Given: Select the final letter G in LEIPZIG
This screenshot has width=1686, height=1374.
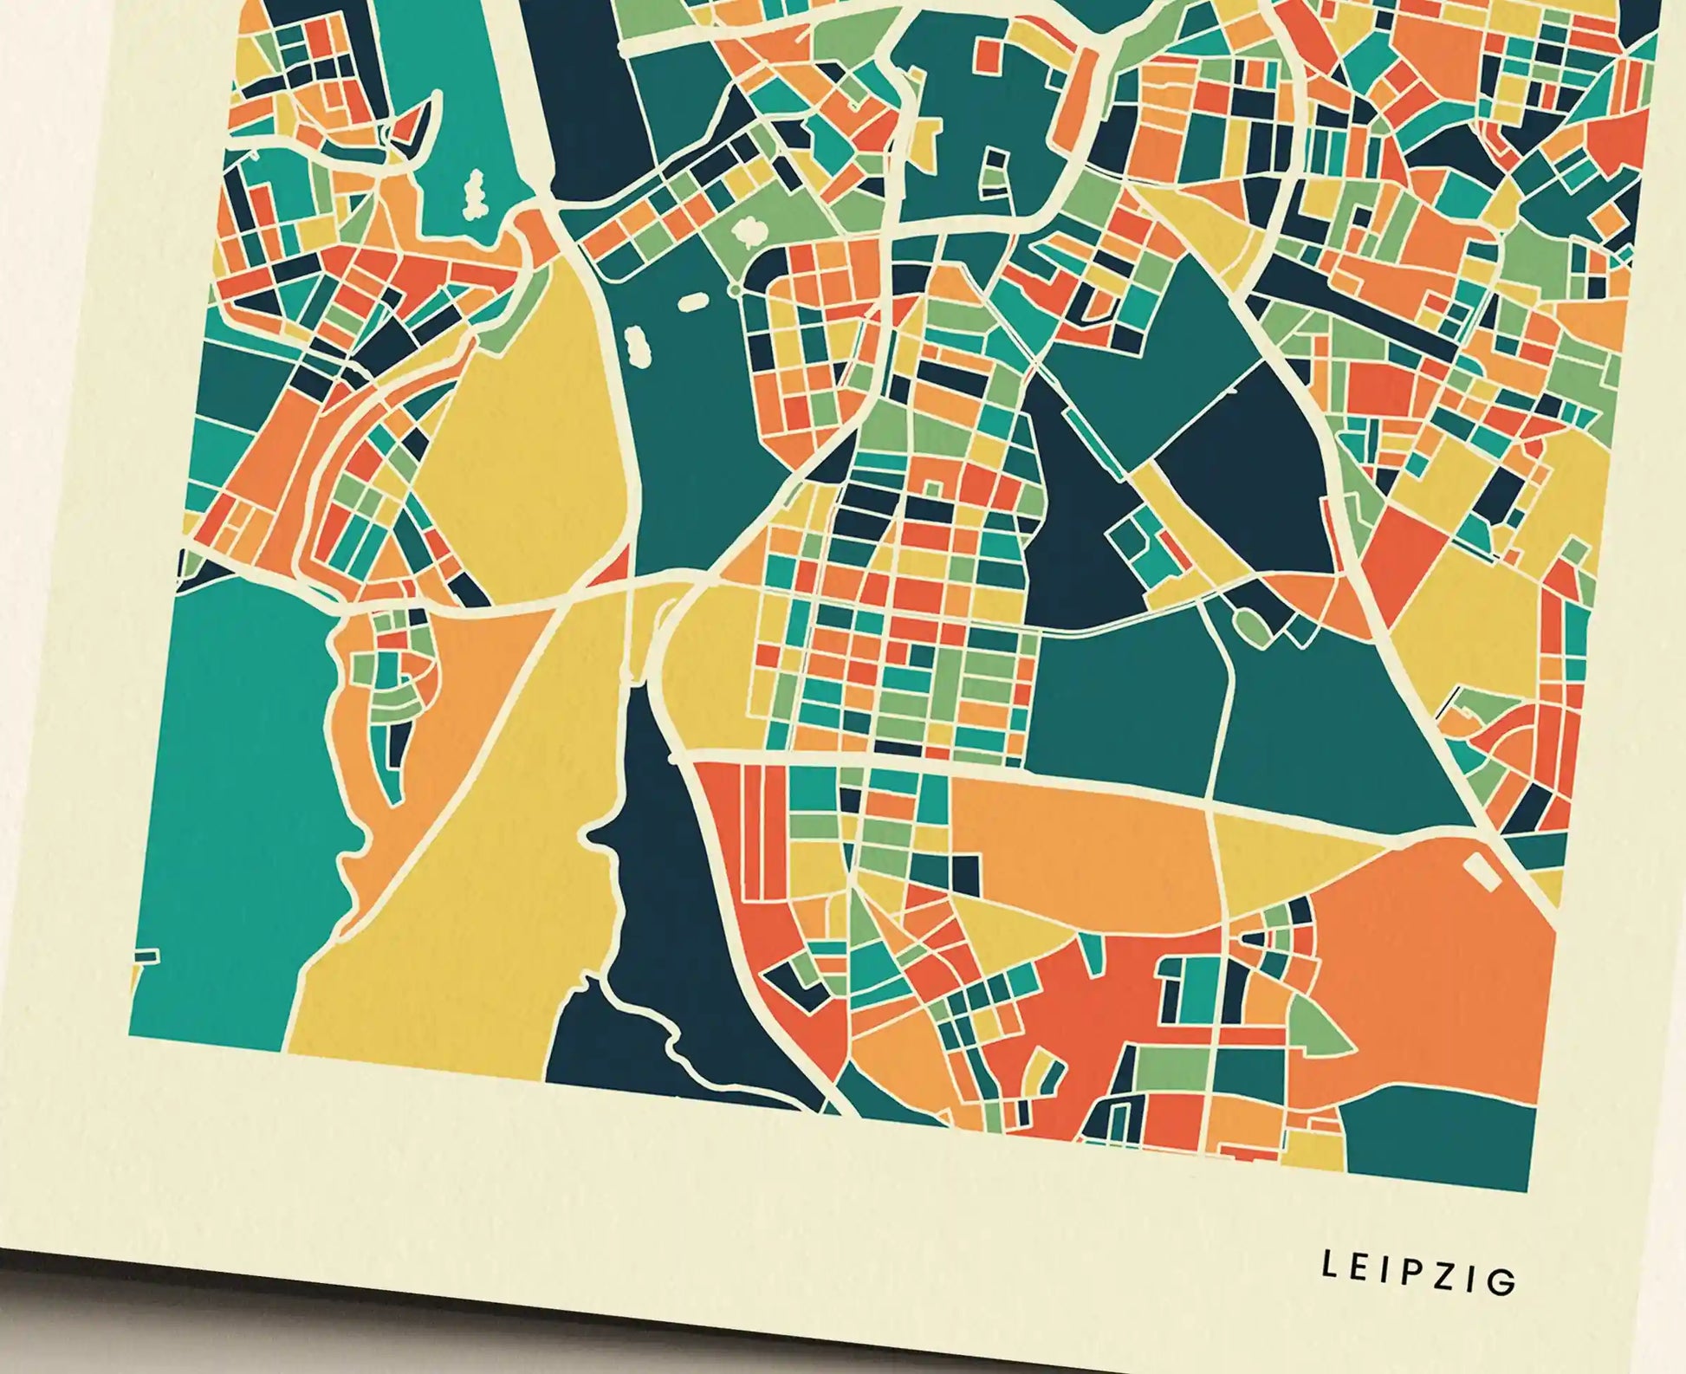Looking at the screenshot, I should pos(1506,1282).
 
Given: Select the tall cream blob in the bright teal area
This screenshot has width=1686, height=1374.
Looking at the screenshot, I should pos(474,194).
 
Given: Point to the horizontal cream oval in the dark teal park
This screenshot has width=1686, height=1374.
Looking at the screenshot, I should pos(692,302).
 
